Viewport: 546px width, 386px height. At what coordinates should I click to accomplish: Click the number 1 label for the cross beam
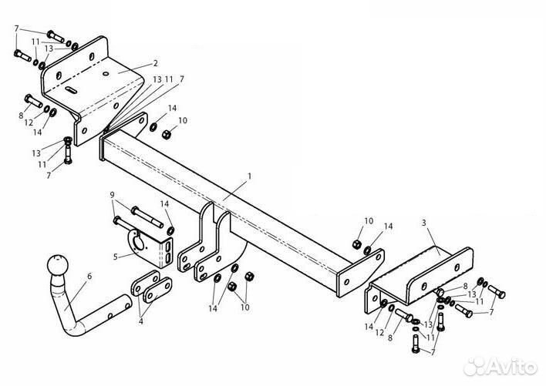point(249,176)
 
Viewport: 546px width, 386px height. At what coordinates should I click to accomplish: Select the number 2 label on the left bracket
point(155,63)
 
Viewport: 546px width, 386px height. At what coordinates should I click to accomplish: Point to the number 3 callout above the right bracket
point(424,223)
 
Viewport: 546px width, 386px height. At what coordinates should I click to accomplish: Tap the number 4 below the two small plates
point(140,321)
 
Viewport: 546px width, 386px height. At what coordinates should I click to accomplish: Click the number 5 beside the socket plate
point(116,257)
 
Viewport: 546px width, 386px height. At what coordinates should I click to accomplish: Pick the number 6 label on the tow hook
point(89,276)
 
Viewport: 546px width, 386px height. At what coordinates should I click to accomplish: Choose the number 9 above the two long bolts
point(112,195)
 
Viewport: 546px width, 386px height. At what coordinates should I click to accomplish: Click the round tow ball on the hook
point(58,265)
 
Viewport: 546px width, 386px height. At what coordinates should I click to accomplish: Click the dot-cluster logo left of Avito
point(477,367)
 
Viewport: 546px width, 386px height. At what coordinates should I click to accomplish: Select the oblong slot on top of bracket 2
point(71,89)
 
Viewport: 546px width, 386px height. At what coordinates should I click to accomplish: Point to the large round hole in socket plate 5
point(139,244)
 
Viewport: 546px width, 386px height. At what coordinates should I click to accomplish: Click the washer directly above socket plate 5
point(171,230)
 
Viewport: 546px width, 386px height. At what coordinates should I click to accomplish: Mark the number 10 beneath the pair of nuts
point(245,307)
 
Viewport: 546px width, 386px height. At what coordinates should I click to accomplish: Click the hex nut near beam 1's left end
point(167,134)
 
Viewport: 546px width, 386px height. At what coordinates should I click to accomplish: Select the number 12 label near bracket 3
point(379,332)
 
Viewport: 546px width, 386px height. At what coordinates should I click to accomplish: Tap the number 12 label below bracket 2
point(29,123)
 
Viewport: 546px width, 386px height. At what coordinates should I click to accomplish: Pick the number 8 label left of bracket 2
point(21,116)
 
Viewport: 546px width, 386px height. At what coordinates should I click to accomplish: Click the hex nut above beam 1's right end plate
point(356,244)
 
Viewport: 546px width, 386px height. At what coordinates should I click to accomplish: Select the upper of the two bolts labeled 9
point(147,217)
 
